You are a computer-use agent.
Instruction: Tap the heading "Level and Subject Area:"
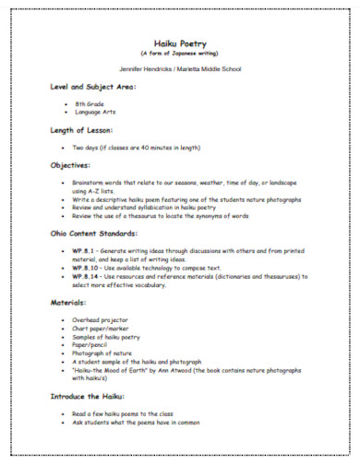(93, 87)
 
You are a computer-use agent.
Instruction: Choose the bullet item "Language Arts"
(94, 113)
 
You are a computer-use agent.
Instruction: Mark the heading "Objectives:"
(71, 165)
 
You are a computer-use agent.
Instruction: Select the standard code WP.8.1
(85, 251)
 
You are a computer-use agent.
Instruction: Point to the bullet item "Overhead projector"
(102, 319)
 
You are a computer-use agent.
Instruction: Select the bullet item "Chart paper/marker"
(102, 328)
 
